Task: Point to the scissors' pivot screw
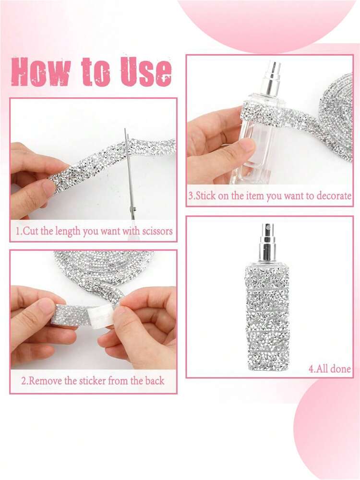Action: (x=133, y=209)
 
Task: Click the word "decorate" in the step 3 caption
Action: (x=334, y=196)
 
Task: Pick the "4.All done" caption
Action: (x=329, y=369)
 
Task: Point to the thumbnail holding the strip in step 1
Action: (x=49, y=188)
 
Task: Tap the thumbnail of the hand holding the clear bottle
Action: (x=245, y=146)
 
